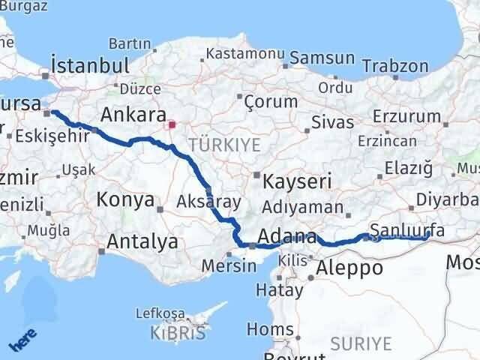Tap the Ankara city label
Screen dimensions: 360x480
pos(133,115)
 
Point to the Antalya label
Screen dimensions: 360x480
pos(142,241)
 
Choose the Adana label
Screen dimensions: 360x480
pos(289,238)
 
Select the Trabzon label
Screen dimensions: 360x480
pos(395,65)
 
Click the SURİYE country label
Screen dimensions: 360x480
pos(362,343)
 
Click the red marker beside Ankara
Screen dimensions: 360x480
pos(172,124)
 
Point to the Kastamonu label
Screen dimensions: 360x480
pos(245,55)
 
